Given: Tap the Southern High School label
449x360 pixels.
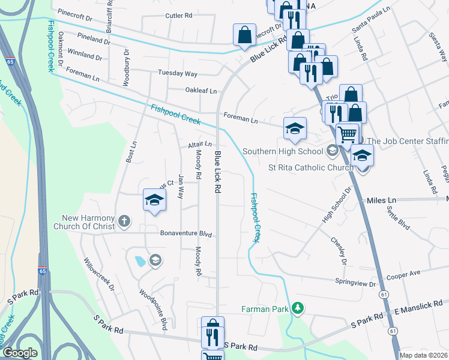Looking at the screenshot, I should click(283, 151).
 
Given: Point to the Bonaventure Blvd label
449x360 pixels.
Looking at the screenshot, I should click(187, 234).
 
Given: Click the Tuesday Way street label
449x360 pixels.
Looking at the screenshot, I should click(177, 74).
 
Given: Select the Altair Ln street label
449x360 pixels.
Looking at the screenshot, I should click(200, 145).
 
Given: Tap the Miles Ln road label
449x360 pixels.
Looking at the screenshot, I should click(382, 199).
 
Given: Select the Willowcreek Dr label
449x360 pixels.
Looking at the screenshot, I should click(99, 275).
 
